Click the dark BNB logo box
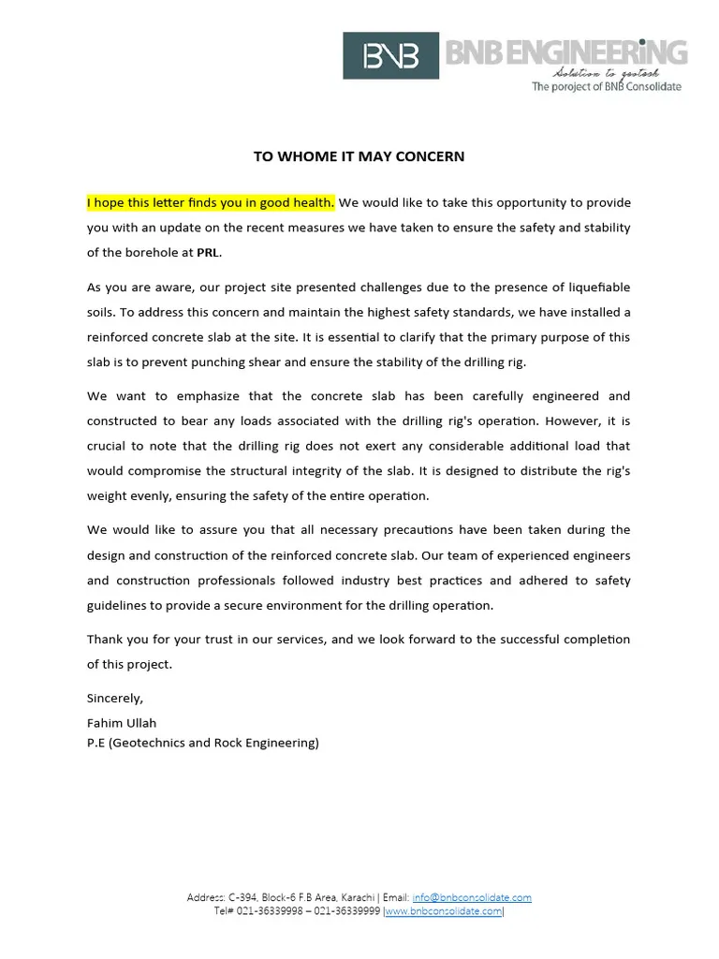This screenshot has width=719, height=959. (391, 56)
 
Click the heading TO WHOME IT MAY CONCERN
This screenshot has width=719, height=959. (359, 156)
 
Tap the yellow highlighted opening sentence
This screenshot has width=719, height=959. (211, 202)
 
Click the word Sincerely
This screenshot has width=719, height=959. (115, 698)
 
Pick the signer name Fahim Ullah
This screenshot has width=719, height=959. (122, 723)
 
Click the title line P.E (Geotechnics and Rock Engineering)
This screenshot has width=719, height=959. (203, 743)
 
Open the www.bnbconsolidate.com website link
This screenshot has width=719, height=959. (444, 911)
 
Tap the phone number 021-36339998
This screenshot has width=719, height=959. (270, 911)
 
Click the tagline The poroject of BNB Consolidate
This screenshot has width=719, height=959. (607, 87)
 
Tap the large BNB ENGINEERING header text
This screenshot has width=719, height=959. (565, 52)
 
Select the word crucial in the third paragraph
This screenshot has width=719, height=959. (108, 446)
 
